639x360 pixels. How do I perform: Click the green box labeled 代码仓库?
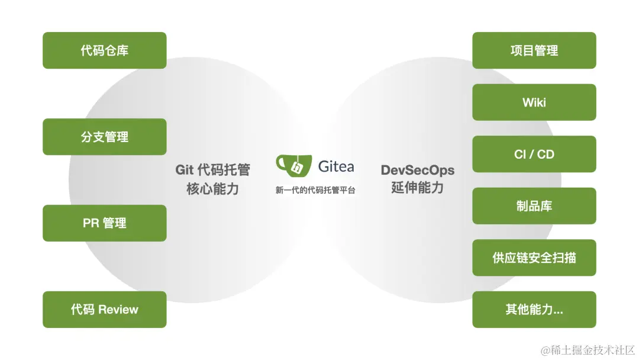[x=105, y=50]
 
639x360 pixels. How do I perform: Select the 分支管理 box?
[x=105, y=137]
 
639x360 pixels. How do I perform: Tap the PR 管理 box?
[x=105, y=223]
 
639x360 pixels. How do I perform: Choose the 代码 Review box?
[x=105, y=309]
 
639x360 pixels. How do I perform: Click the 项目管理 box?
[x=534, y=50]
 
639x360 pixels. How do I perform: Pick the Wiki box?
[x=534, y=102]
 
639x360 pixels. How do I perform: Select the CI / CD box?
[x=534, y=154]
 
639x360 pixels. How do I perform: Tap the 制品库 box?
[x=534, y=206]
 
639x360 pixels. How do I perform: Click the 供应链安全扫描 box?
[x=534, y=258]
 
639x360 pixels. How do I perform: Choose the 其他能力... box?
[x=534, y=309]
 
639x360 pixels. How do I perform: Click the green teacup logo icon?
[x=293, y=166]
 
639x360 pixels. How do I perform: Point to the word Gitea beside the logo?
[x=336, y=166]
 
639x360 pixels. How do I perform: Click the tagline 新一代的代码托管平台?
[x=315, y=191]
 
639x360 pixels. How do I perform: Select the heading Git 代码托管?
[x=212, y=170]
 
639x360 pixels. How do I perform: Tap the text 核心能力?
[x=212, y=189]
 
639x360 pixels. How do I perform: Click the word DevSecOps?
[x=418, y=170]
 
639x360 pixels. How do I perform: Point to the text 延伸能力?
[x=418, y=188]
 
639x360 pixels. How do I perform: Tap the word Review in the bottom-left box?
[x=118, y=309]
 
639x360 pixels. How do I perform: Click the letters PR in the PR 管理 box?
[x=91, y=223]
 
